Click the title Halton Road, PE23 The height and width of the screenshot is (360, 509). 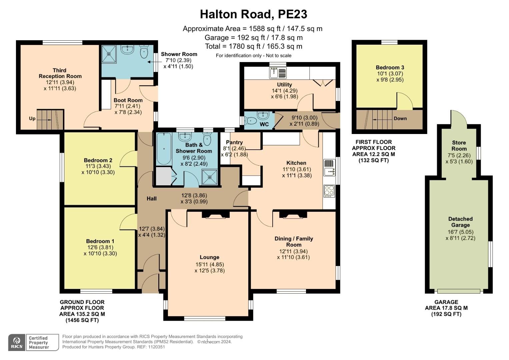[253, 14]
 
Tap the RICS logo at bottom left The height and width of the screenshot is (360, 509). [17, 342]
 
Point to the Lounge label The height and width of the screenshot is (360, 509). [209, 257]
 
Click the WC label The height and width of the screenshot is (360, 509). [264, 125]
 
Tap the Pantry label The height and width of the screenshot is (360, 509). [234, 142]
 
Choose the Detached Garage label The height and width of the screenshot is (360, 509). [460, 222]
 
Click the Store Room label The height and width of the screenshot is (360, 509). [459, 146]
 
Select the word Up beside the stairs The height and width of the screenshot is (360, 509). [32, 118]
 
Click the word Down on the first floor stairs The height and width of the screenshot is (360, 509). [400, 118]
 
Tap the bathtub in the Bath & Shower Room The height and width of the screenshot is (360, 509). [163, 149]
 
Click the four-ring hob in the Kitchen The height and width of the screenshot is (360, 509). [329, 191]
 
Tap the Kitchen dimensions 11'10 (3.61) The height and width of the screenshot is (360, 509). [296, 169]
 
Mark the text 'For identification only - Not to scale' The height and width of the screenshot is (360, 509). [253, 56]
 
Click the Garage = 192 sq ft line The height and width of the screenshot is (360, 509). [253, 38]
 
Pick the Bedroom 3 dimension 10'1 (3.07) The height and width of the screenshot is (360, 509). [390, 74]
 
